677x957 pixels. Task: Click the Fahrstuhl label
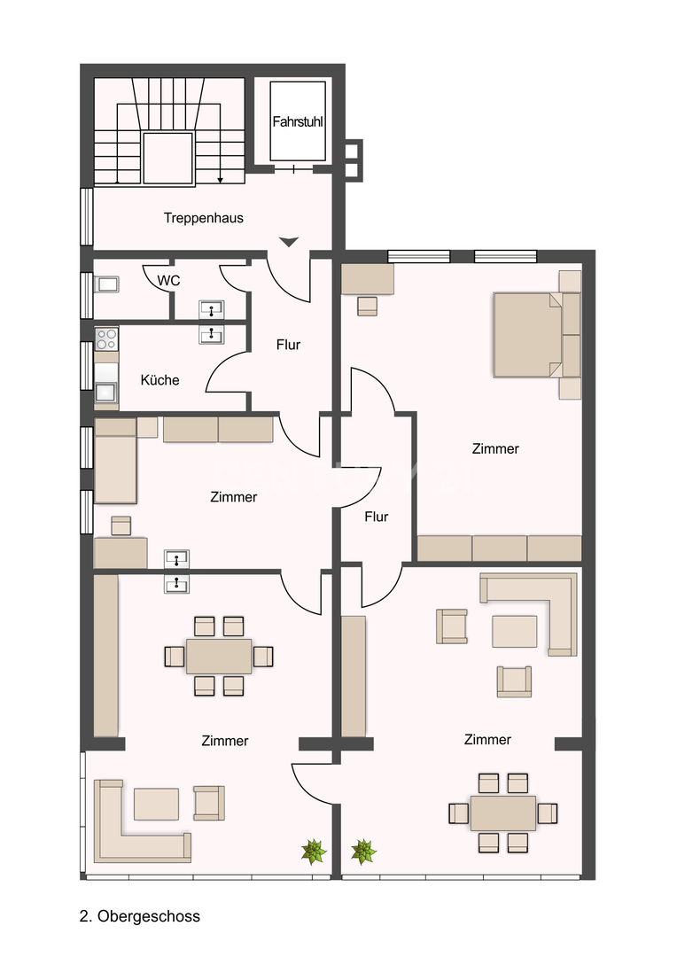(297, 121)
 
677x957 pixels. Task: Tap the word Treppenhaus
(203, 218)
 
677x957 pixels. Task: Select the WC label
(168, 281)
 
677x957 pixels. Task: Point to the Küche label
(160, 379)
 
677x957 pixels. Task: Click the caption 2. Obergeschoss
(140, 916)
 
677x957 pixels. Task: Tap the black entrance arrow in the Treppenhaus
(289, 242)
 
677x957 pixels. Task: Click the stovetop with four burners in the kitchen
(106, 338)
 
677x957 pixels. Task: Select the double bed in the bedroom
(528, 334)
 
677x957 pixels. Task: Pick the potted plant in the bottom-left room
(314, 852)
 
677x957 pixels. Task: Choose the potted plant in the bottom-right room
(364, 852)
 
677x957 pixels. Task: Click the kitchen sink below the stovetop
(105, 392)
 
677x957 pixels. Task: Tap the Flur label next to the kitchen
(288, 345)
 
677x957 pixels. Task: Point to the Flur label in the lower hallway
(376, 517)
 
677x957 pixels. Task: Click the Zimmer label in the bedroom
(495, 448)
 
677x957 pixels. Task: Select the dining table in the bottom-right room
(503, 813)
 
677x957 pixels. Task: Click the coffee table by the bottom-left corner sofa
(156, 804)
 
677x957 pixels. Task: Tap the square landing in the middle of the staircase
(167, 158)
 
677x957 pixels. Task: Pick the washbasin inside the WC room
(211, 310)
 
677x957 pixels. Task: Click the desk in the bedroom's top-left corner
(368, 279)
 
